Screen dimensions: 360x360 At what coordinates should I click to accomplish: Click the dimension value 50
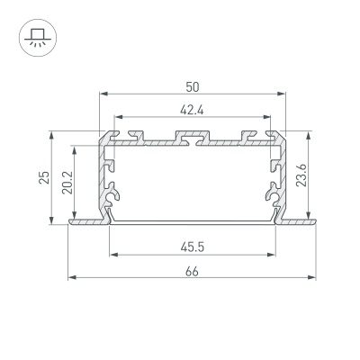193,87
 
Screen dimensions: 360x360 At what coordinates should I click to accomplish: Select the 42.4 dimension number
192,111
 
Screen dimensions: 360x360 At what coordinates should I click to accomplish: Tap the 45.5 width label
193,247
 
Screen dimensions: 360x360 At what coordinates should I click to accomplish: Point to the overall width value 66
192,272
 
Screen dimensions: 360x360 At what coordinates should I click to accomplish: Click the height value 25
44,177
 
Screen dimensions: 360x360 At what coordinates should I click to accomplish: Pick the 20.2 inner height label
67,183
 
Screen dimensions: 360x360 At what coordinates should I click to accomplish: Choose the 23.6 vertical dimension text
301,175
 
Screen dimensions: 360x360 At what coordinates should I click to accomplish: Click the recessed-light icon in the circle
38,38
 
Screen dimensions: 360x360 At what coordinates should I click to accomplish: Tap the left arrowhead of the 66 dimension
72,278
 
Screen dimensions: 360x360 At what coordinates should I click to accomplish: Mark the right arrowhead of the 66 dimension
312,278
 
